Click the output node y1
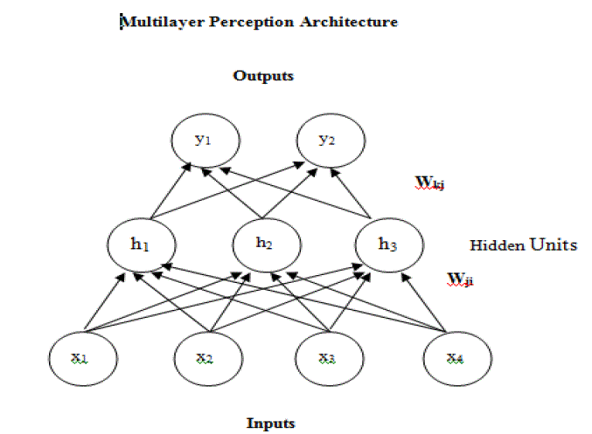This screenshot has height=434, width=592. [204, 141]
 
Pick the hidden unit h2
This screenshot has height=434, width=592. [263, 244]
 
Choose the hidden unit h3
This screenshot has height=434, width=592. [387, 244]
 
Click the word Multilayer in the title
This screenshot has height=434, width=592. [150, 22]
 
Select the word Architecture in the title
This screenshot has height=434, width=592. [354, 22]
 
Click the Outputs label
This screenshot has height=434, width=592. [263, 76]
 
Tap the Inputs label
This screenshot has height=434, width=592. [270, 424]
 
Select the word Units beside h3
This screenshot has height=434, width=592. [552, 245]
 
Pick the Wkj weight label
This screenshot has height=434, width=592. [431, 182]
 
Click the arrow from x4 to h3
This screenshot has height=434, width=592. [427, 302]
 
